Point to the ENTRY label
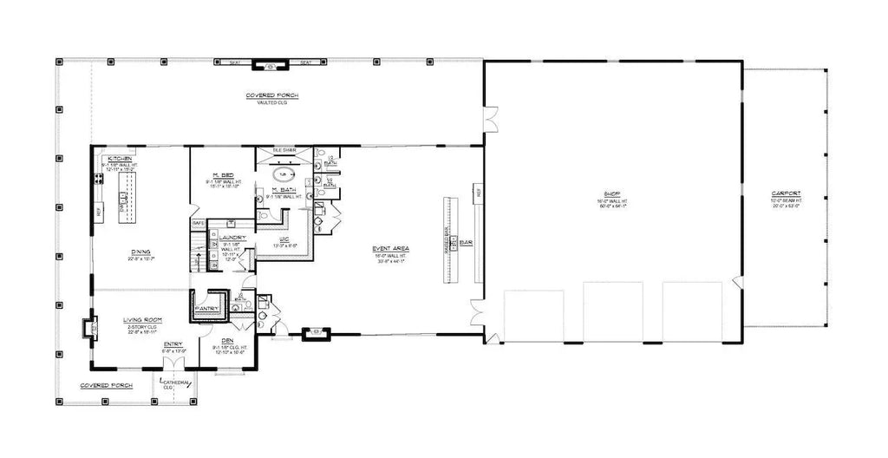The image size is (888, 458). (173, 344)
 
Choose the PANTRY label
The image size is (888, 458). (207, 308)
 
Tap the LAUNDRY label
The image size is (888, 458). (232, 238)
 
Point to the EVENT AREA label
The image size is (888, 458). (394, 248)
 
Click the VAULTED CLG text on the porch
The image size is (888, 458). (272, 103)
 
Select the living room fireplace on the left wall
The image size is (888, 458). (87, 328)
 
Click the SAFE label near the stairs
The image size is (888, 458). (199, 223)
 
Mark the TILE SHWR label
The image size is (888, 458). (284, 151)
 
